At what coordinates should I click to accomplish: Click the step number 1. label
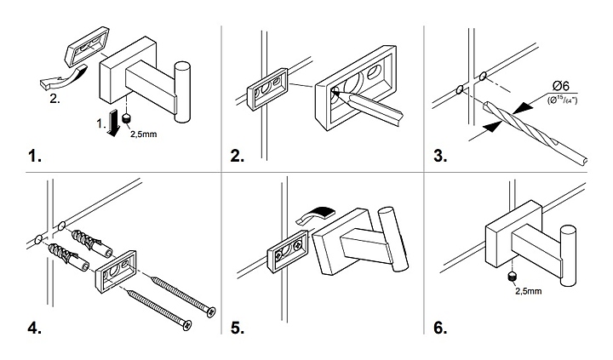tap(34, 157)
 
